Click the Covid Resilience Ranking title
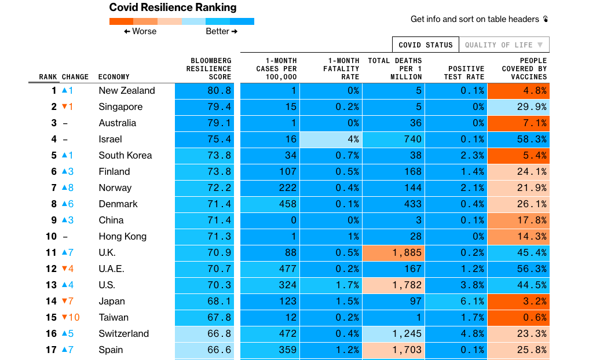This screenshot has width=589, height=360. (x=173, y=8)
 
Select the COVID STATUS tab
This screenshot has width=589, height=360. (x=426, y=45)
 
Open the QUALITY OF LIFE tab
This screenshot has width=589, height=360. (x=503, y=45)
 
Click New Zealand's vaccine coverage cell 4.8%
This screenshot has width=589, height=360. (x=518, y=91)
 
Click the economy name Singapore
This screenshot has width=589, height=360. (x=120, y=107)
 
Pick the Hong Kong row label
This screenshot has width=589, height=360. (x=122, y=237)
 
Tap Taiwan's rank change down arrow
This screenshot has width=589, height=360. (x=65, y=318)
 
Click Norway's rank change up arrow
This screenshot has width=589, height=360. (x=65, y=188)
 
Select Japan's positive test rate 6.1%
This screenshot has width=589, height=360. (x=457, y=302)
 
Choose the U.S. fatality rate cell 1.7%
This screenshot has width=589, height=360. (x=334, y=285)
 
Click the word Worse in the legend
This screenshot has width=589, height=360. (x=144, y=31)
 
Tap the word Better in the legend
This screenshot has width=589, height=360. (x=217, y=31)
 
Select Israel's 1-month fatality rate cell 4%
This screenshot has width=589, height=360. (x=334, y=139)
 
